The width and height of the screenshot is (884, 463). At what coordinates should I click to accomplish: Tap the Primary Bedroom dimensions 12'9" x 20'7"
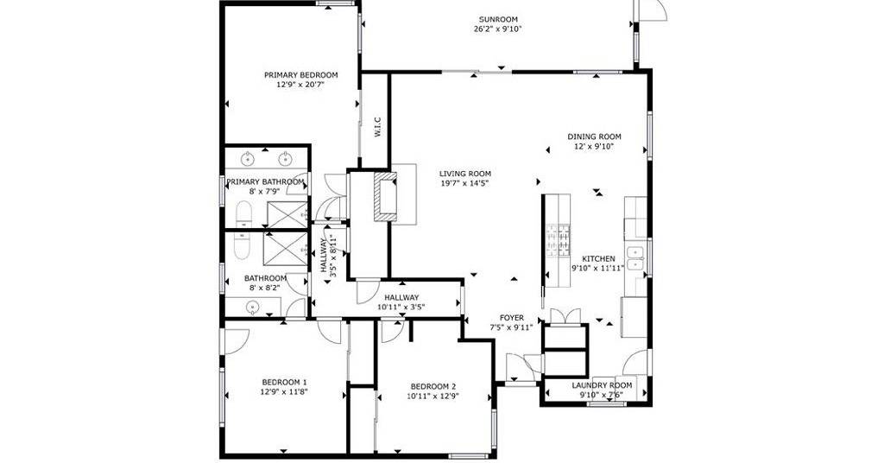point(301,85)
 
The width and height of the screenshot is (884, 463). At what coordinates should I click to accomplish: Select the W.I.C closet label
point(377,127)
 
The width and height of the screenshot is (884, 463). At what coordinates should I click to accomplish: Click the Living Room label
point(465,174)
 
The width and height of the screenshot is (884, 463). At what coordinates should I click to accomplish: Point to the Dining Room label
point(594,136)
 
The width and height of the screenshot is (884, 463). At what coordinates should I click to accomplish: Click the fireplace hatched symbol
point(386,197)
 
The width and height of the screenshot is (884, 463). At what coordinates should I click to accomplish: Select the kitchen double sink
point(636,259)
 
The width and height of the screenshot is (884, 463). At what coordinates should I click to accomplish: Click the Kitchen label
point(598,259)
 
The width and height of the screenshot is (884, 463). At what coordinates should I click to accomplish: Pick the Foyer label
point(511,318)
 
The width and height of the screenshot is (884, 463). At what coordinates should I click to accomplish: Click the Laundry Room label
point(602,385)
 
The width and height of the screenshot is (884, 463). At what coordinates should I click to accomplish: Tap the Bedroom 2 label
point(433,386)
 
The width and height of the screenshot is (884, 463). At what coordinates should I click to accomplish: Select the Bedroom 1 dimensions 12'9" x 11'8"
point(284,391)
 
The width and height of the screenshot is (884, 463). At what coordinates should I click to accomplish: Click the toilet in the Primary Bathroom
point(243,214)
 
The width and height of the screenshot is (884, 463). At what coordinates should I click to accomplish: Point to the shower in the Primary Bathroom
point(287,215)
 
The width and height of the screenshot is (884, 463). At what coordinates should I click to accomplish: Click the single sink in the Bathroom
point(252,307)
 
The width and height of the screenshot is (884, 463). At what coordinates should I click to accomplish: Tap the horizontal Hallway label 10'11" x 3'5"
point(401,307)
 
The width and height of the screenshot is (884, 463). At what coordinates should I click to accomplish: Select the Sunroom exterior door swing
point(653,10)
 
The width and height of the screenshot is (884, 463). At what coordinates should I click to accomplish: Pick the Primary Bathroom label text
point(266,182)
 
